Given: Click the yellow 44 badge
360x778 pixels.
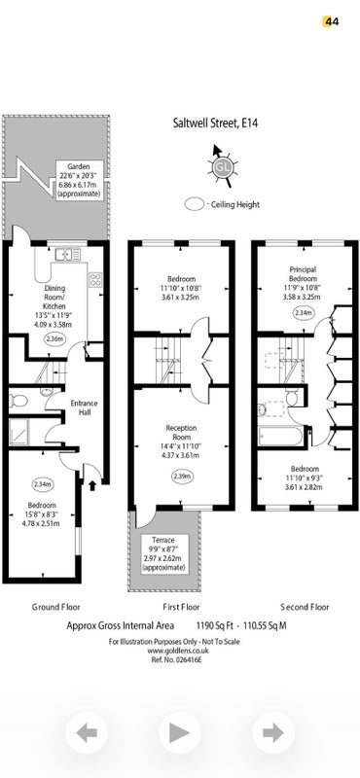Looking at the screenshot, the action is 331,21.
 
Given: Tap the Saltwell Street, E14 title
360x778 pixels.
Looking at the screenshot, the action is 215,123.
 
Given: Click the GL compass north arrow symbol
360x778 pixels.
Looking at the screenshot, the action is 222,166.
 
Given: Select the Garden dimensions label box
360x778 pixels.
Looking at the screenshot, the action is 80,180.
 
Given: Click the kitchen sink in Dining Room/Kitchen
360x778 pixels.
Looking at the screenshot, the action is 68,255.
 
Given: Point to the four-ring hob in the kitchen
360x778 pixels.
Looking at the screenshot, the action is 94,279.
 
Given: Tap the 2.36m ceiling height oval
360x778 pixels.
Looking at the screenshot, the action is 54,339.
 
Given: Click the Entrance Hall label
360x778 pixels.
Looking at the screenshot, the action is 84,407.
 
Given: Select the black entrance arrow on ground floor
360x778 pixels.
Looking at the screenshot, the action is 91,484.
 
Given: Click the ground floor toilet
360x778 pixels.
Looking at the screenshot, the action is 18,400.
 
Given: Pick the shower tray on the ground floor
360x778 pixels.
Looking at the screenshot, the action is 20,432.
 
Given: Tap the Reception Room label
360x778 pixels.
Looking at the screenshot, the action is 181,432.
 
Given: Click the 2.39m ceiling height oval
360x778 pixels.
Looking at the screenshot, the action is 182,477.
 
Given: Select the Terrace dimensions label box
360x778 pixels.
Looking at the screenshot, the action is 163,553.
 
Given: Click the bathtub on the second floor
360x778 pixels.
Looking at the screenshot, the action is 280,436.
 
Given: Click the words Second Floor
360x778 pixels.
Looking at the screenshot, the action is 305,606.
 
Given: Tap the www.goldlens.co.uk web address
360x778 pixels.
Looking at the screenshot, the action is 177,651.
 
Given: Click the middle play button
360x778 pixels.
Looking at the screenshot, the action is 180,732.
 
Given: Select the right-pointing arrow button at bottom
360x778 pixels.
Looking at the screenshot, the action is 273,732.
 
